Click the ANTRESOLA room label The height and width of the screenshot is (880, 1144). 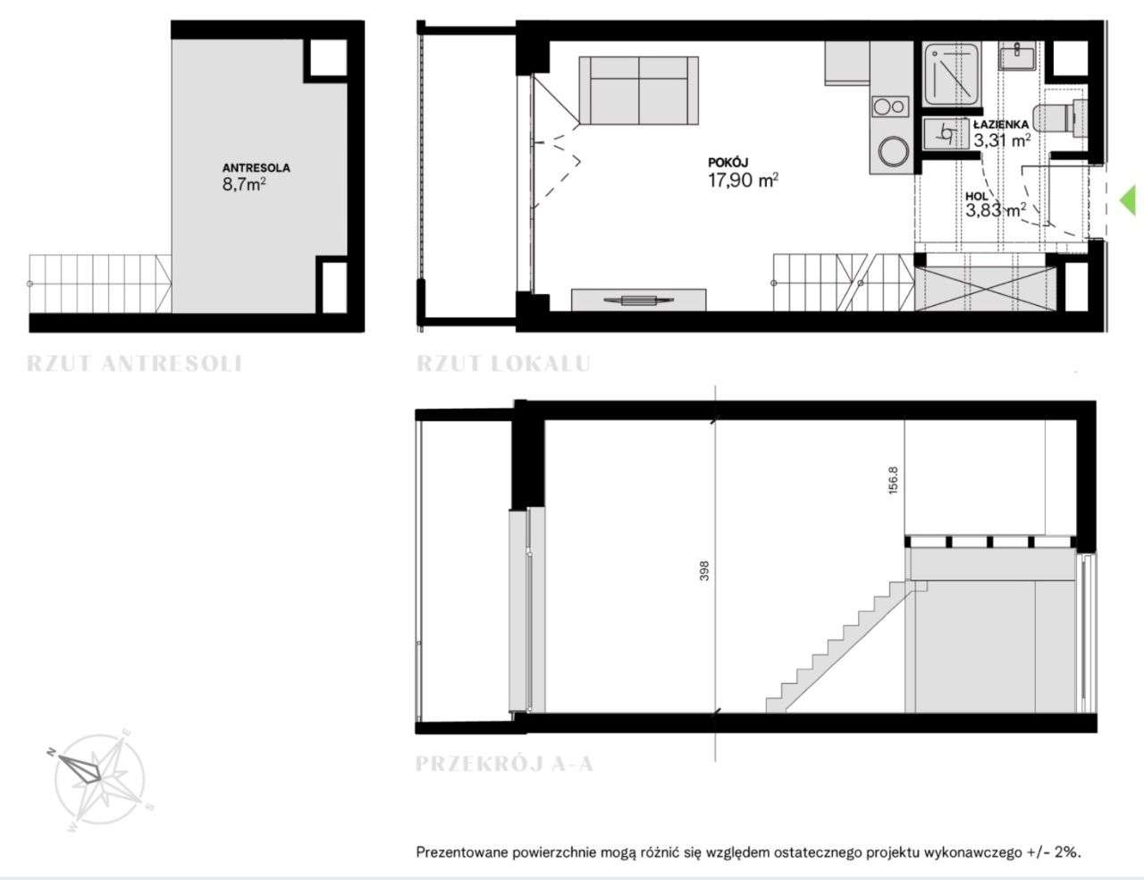[x=256, y=168]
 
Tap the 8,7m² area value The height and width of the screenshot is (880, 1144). [x=243, y=185]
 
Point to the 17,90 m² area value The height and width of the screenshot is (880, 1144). [x=743, y=181]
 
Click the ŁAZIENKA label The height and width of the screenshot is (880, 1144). [x=1001, y=124]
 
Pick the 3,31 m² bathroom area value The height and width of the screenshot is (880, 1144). [x=1001, y=140]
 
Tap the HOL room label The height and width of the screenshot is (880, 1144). [x=977, y=196]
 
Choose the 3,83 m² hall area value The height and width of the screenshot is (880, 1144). [x=995, y=211]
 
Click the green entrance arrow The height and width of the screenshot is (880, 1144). [x=1127, y=200]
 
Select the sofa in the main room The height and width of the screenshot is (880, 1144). [x=639, y=90]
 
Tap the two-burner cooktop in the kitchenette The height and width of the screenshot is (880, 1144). [x=889, y=107]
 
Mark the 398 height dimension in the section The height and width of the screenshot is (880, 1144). [x=705, y=571]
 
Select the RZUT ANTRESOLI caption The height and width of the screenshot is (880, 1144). [x=134, y=363]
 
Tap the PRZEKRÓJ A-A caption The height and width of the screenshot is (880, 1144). [x=504, y=763]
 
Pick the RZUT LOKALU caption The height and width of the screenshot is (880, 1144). [x=504, y=363]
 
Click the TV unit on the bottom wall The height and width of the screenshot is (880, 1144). [x=639, y=300]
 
